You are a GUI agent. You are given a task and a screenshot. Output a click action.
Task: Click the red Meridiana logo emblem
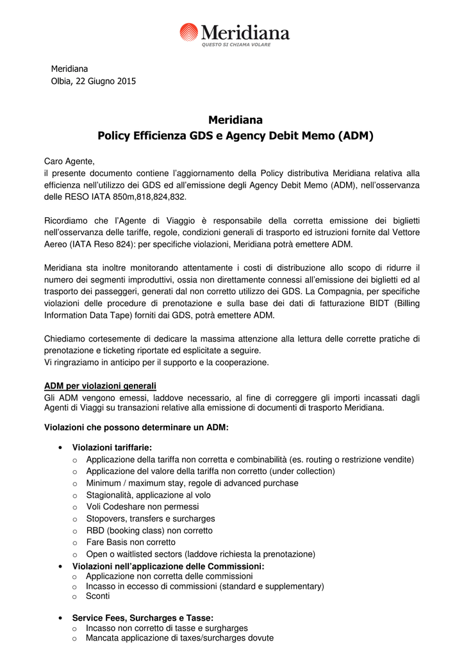pos(189,32)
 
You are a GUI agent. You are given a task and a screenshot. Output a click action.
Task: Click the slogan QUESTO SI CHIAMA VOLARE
pos(236,45)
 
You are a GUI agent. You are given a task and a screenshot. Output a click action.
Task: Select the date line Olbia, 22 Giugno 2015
pos(93,81)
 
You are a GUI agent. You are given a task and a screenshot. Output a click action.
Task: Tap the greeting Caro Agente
pos(69,161)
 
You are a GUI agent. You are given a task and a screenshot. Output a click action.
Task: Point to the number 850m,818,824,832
pos(144,197)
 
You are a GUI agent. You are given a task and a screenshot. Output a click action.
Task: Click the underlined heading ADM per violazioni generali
pos(100,386)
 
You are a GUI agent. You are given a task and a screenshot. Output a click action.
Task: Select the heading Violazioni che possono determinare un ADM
pos(136,427)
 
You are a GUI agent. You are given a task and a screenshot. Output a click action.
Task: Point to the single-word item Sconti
pos(98,596)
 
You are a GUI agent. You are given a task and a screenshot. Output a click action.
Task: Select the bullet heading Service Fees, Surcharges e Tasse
pos(143,618)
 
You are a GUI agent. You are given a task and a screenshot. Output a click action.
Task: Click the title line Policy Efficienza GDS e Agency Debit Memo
pos(235,136)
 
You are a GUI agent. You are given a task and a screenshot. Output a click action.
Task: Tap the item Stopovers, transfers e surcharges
pos(151,518)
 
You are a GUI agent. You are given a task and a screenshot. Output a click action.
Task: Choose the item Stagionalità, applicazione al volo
pos(148,495)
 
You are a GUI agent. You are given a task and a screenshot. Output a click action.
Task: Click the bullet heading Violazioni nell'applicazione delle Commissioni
pos(168,566)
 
